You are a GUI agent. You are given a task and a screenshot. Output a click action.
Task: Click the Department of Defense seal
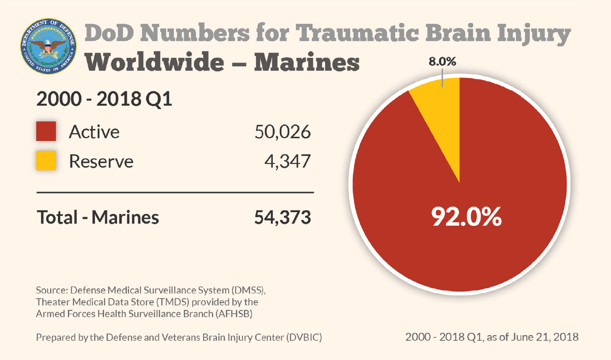pos(48,48)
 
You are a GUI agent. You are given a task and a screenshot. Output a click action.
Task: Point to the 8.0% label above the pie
pos(442,62)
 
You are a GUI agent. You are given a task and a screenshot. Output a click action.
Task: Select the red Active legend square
pos(46,131)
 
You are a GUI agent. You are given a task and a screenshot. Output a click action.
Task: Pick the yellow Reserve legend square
pos(46,161)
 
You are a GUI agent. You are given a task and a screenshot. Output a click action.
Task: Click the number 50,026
pos(283,132)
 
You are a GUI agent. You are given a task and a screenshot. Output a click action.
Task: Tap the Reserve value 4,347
pos(287,161)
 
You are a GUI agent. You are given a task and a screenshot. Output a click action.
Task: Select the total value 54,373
pos(283,217)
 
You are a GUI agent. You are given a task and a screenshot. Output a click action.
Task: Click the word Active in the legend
pos(94,132)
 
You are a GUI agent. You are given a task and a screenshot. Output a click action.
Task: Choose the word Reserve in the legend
pos(101,162)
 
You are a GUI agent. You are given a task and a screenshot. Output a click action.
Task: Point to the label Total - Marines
pos(98,217)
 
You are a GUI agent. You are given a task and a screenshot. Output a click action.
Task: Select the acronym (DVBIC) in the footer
pos(304,337)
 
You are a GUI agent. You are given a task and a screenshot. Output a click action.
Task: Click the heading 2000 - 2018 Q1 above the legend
pos(104,99)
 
